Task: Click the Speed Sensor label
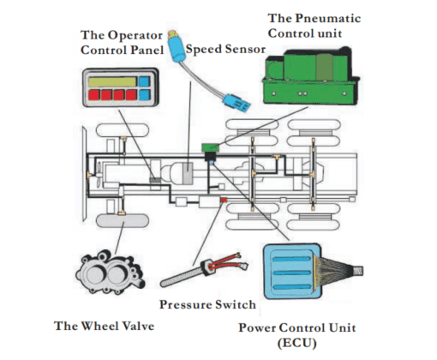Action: coord(225,49)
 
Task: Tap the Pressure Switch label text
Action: coord(207,304)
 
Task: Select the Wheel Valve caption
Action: coord(105,326)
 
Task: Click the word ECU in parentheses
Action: coord(297,343)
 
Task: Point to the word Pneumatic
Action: coord(328,18)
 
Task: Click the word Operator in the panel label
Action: coord(135,35)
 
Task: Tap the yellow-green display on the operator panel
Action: coord(112,82)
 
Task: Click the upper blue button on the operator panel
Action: coord(144,81)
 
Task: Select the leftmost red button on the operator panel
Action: coord(93,95)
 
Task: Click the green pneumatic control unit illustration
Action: coord(310,75)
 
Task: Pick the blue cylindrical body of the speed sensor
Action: coord(177,50)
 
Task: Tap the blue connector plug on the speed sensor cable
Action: coord(236,103)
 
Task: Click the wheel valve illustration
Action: coord(110,273)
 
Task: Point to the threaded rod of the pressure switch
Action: coord(182,278)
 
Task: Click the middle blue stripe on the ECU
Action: coord(291,273)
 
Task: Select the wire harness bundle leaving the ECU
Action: coord(337,271)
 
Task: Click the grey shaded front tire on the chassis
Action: coord(123,220)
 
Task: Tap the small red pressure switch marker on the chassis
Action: coord(224,200)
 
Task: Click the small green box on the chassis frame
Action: coord(210,147)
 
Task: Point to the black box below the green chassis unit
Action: coord(211,156)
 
